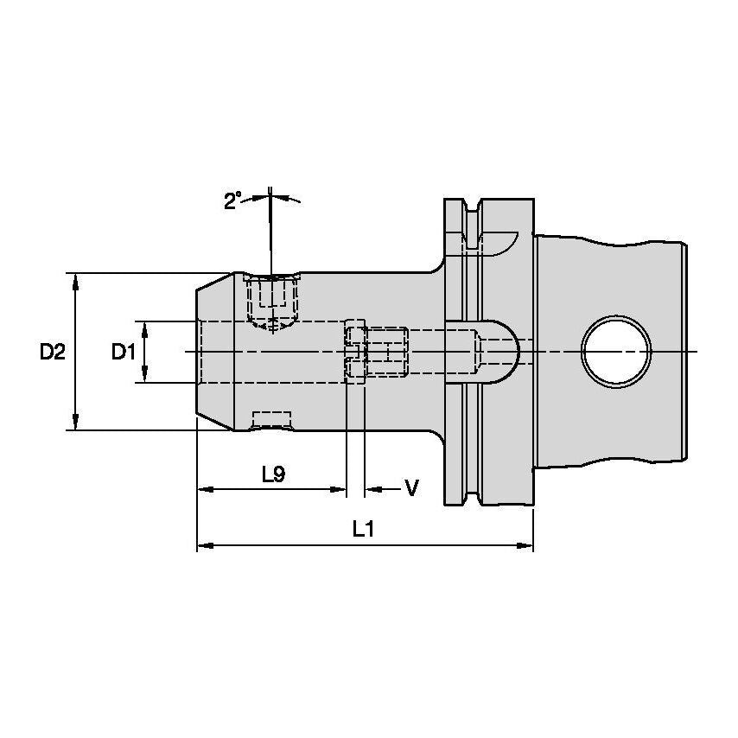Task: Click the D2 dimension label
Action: click(52, 352)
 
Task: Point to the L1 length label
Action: click(363, 529)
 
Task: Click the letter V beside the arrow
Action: click(411, 489)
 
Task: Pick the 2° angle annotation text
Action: click(232, 201)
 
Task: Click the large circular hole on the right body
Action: click(615, 351)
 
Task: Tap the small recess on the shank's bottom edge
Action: click(271, 421)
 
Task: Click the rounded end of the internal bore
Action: click(506, 352)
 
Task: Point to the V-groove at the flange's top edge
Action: click(472, 209)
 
